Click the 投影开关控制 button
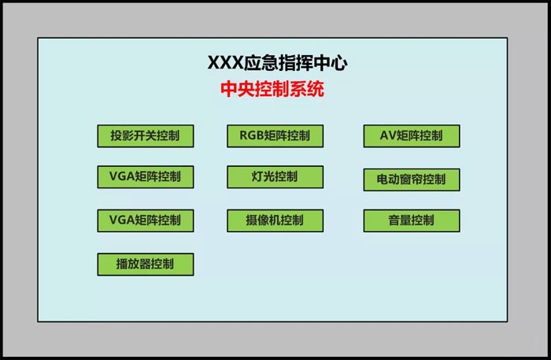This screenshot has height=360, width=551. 145,135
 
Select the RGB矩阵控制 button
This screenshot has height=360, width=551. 275,135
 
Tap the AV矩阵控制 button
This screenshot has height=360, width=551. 411,135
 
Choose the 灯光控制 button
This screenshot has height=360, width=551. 275,176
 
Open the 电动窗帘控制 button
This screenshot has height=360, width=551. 411,179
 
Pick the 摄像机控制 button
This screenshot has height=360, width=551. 275,221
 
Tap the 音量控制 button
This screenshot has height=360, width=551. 411,221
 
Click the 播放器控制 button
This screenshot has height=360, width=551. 145,264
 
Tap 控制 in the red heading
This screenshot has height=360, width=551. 272,89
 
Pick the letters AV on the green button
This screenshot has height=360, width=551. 387,135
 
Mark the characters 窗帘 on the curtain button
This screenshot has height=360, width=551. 411,179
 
